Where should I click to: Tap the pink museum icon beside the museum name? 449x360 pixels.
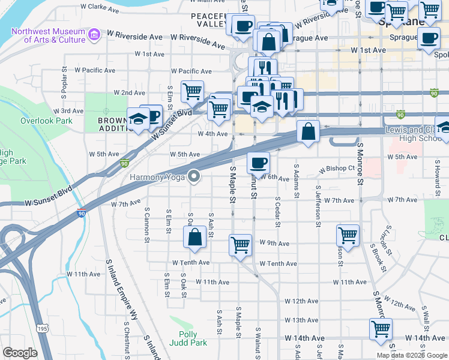[x=93, y=35]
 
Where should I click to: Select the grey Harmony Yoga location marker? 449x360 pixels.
[x=194, y=176]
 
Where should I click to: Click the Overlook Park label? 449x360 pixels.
[x=46, y=121]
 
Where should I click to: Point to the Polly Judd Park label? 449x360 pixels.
[x=192, y=338]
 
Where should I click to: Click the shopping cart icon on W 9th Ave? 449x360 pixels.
[x=240, y=245]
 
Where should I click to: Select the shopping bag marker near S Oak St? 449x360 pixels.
[x=196, y=237]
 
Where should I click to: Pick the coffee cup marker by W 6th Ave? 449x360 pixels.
[x=258, y=162]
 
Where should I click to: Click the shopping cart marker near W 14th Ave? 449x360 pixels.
[x=381, y=329]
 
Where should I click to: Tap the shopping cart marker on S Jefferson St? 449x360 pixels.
[x=348, y=235]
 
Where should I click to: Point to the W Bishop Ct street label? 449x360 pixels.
[x=337, y=169]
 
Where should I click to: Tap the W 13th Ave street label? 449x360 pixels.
[x=301, y=320]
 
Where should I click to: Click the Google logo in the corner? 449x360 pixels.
[x=20, y=352]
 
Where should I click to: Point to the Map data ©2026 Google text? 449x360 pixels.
[x=412, y=355]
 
